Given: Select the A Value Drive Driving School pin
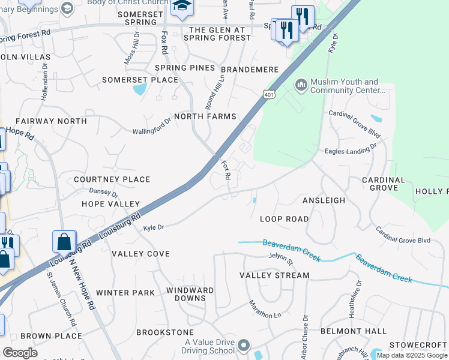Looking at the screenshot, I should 244,346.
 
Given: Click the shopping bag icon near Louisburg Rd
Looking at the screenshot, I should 64,242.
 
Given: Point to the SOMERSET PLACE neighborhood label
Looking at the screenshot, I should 140,80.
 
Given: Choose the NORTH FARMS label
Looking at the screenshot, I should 205,116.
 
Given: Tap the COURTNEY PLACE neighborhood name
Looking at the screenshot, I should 112,179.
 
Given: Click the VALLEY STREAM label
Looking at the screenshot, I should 274,275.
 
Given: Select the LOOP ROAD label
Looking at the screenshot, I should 284,219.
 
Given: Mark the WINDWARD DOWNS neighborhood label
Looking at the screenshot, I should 190,294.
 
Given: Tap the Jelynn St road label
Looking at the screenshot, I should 280,259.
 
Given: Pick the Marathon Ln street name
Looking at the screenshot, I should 265,311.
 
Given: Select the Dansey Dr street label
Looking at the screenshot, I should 104,192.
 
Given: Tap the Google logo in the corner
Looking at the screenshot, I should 19,353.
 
